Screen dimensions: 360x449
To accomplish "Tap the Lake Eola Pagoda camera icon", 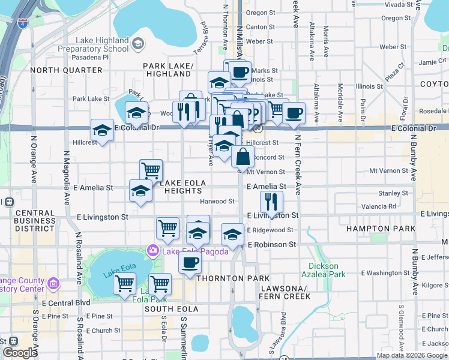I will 153,250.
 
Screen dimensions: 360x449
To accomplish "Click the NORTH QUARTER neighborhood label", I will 66,70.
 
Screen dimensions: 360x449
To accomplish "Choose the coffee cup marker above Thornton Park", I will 190,262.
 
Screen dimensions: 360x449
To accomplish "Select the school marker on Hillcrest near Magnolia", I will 102,130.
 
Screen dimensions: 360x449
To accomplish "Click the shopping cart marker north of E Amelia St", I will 151,170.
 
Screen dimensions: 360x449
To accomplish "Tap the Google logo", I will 19,353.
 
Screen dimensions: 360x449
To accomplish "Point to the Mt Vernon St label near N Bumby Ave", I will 388,171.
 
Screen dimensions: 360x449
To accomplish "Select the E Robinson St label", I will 272,245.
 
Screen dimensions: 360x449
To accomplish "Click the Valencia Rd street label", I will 379,206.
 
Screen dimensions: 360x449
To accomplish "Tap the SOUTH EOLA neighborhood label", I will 167,308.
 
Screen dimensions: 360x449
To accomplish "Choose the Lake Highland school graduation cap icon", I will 137,43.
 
